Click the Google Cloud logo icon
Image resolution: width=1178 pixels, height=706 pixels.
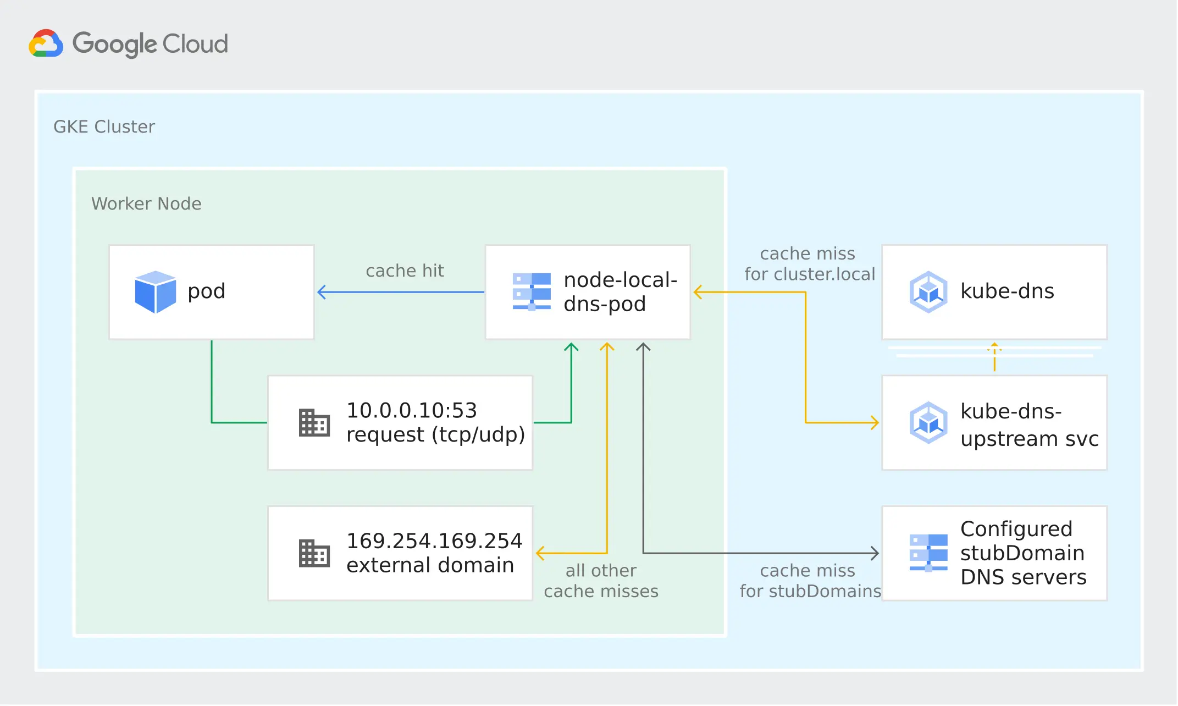point(46,43)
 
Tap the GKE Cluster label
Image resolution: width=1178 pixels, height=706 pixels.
point(104,127)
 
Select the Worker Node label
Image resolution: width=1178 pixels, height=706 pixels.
point(146,204)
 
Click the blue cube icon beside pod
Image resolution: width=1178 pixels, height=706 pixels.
point(156,292)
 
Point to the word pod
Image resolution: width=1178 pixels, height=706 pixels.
point(207,291)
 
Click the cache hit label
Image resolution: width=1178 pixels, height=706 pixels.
point(405,271)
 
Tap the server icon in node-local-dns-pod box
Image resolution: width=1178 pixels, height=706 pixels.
point(532,291)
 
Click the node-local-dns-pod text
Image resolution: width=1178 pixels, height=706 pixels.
point(620,292)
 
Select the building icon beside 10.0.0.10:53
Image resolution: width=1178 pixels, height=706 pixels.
point(314,423)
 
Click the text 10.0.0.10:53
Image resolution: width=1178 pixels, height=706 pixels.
point(412,411)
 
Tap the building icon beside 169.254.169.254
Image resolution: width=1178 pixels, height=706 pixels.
point(314,553)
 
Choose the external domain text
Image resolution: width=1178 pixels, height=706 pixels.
point(430,566)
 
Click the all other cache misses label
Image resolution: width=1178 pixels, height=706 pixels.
point(601,581)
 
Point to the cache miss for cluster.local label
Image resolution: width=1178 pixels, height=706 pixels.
point(809,264)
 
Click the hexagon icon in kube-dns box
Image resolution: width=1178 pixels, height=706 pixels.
point(928,292)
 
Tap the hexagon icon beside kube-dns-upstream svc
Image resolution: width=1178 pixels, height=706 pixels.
point(928,423)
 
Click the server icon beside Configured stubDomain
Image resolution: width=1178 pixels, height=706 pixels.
point(928,553)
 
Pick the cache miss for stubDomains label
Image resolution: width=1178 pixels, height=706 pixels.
point(810,581)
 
